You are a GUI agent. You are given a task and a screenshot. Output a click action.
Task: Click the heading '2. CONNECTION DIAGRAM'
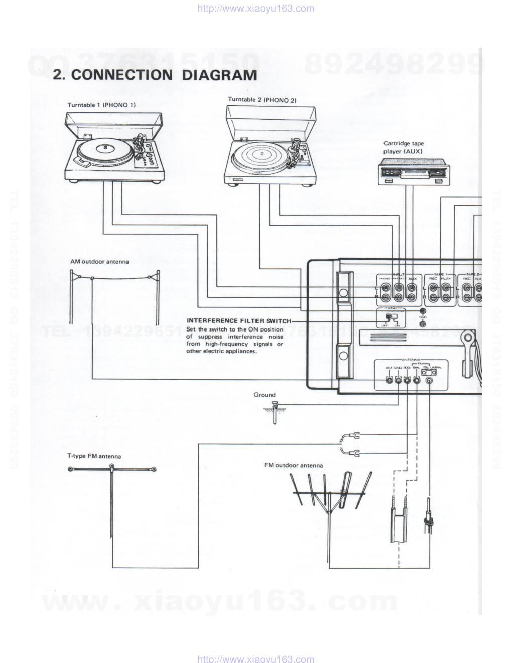point(155,75)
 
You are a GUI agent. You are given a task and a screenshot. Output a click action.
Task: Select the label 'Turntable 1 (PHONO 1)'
point(102,105)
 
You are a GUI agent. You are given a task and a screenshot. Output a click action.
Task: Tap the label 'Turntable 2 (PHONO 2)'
point(262,100)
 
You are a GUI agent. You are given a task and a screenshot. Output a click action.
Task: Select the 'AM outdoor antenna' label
point(99,262)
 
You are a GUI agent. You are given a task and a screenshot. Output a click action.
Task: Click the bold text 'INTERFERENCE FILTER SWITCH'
point(238,320)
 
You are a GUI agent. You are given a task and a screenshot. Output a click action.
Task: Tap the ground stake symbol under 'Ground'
point(274,412)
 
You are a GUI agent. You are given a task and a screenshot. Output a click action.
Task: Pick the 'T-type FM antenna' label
point(94,456)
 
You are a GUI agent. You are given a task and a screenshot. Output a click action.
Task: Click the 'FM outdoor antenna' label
point(294,465)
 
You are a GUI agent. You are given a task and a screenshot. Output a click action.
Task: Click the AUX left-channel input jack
point(412,288)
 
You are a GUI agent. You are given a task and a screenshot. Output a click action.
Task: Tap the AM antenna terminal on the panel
point(389,380)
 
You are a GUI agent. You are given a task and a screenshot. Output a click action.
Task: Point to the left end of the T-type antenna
point(71,469)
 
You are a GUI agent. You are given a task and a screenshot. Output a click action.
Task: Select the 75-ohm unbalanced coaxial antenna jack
point(429,380)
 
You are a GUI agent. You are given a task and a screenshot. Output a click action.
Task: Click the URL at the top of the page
point(256,8)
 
